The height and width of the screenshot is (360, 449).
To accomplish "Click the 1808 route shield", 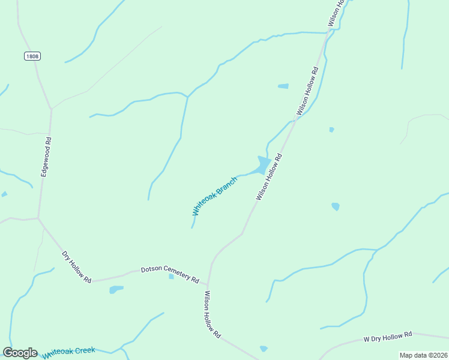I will pyautogui.click(x=32, y=56).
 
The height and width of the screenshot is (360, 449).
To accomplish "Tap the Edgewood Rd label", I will pyautogui.click(x=46, y=157).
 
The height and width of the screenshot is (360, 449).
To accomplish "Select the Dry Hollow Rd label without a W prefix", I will pyautogui.click(x=77, y=267).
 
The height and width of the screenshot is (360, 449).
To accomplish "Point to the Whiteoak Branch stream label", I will pyautogui.click(x=214, y=196).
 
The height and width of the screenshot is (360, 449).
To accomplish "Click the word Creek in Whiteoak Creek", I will pyautogui.click(x=85, y=350).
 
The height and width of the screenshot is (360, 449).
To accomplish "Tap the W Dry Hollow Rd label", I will pyautogui.click(x=388, y=337).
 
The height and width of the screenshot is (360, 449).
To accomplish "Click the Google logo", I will pyautogui.click(x=20, y=353).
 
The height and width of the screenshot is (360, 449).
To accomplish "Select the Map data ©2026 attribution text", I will pyautogui.click(x=423, y=355).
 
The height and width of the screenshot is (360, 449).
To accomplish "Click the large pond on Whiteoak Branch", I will pyautogui.click(x=263, y=164).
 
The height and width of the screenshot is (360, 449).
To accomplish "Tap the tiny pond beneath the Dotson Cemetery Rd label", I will pyautogui.click(x=171, y=277).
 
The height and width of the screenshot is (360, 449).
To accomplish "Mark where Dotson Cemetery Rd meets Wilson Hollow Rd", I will pyautogui.click(x=208, y=284).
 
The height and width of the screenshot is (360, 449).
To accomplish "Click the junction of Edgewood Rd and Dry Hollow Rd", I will pyautogui.click(x=38, y=218).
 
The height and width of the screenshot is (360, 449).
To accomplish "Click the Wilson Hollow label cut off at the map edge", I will pyautogui.click(x=337, y=12).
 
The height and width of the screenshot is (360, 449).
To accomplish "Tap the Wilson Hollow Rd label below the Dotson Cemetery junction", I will pyautogui.click(x=212, y=314).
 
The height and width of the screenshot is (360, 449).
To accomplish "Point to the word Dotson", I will pyautogui.click(x=151, y=270).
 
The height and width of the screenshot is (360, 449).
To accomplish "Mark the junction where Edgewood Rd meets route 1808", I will pyautogui.click(x=52, y=109).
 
